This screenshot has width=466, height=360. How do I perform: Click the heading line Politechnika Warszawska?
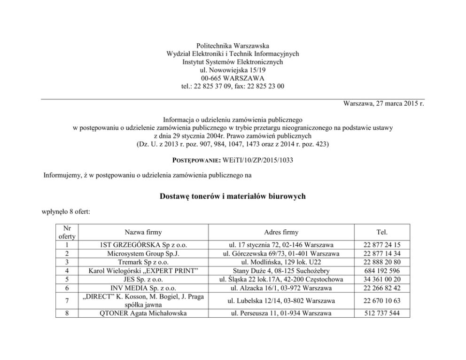click(x=233, y=46)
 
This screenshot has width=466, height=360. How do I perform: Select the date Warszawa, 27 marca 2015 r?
click(x=383, y=103)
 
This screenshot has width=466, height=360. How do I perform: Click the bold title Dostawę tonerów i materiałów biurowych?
click(x=233, y=196)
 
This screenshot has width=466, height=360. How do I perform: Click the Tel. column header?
click(x=381, y=232)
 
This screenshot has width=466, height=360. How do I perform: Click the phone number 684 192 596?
click(x=381, y=271)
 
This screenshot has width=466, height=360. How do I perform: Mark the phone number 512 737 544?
click(x=381, y=313)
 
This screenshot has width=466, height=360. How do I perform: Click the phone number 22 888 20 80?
click(x=381, y=262)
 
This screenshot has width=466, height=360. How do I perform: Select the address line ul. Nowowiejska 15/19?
click(x=233, y=70)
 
